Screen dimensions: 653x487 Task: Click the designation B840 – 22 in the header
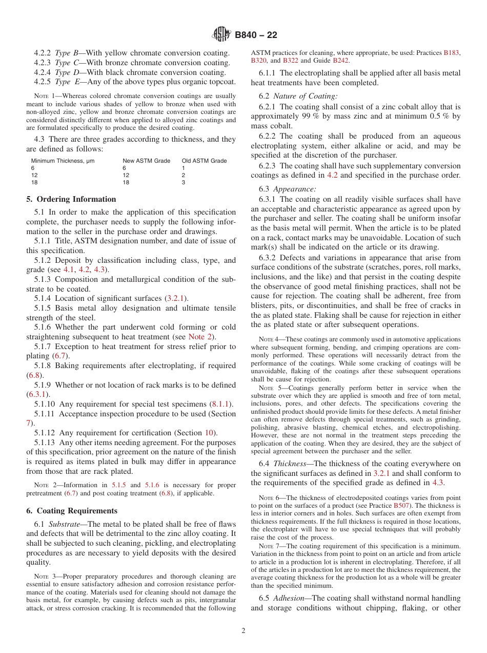[x=256, y=35]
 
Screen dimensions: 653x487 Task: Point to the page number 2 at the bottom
[x=243, y=631]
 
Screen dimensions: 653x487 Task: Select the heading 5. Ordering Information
[x=71, y=199]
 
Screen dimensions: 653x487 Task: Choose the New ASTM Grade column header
[x=146, y=161]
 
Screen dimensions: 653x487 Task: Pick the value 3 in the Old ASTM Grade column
[x=184, y=182]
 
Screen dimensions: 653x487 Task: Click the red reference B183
[x=452, y=52]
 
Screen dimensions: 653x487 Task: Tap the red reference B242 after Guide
[x=341, y=60]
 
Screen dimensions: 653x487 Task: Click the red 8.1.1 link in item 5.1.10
[x=221, y=404]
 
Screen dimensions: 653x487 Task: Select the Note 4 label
[x=266, y=339]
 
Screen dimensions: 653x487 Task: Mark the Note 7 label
[x=266, y=546]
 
